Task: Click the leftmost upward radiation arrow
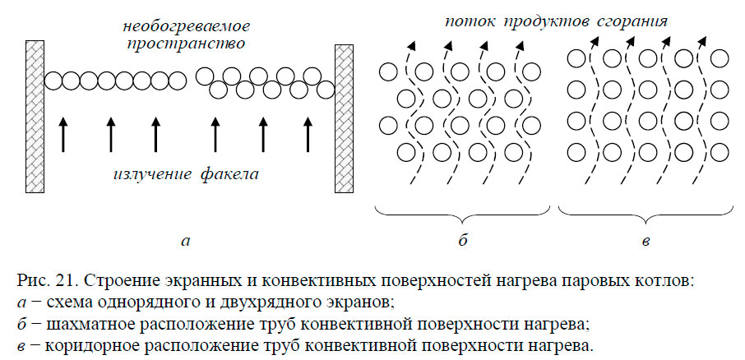63,134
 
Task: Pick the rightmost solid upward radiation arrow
308,134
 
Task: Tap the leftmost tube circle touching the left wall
53,81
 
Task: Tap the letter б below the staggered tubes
462,242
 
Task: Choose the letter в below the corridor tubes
646,242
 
